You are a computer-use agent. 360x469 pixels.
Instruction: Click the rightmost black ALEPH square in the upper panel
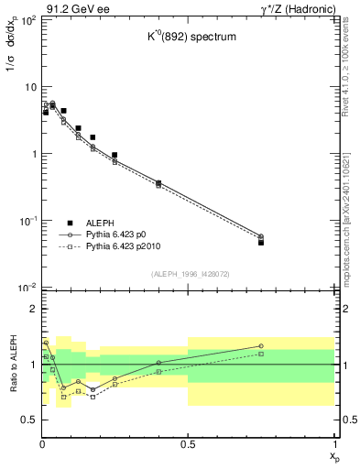point(261,243)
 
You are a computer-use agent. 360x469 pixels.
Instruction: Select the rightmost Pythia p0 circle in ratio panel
point(261,346)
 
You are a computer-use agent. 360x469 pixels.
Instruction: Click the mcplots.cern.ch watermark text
point(346,220)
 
